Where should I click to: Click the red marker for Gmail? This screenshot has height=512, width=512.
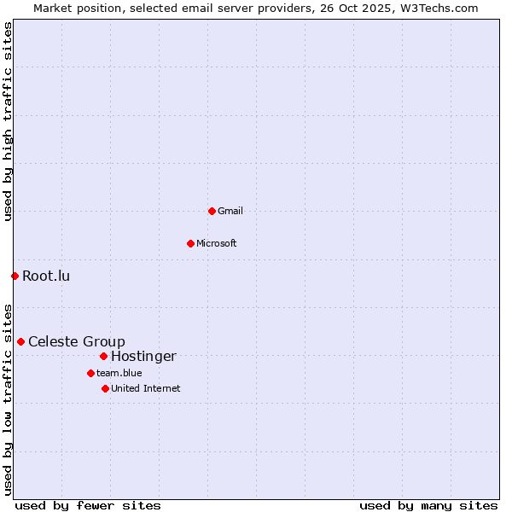[212, 211]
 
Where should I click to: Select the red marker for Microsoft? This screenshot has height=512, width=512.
[190, 243]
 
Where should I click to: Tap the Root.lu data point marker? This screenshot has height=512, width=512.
[15, 276]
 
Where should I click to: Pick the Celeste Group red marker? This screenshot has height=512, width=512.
[20, 341]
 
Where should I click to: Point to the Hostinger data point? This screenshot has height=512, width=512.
[103, 356]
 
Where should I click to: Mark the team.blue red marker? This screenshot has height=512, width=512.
[90, 373]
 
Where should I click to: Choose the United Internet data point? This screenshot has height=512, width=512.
[105, 388]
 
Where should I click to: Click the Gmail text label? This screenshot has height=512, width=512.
[230, 211]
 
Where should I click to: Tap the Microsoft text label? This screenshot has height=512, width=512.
[217, 243]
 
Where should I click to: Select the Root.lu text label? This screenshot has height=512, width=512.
[46, 276]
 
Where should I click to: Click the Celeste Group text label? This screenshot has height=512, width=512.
[77, 341]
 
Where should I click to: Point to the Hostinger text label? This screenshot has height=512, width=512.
[143, 356]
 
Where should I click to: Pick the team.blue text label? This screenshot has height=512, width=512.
[119, 373]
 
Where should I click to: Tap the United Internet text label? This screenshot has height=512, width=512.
[146, 388]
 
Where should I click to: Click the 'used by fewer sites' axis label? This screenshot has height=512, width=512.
[88, 505]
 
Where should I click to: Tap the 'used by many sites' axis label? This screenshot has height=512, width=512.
[428, 505]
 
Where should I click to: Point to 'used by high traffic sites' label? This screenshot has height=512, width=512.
[8, 121]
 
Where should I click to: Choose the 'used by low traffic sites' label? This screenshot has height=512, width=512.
[8, 399]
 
